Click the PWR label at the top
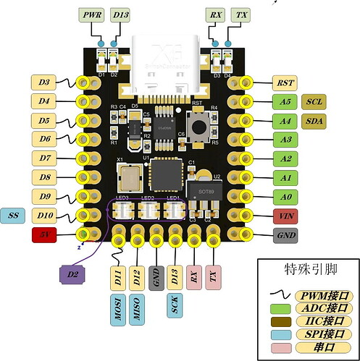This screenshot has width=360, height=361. (92, 14)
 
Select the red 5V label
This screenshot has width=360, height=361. (44, 234)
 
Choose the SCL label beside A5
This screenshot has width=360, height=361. (316, 101)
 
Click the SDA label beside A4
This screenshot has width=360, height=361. (316, 120)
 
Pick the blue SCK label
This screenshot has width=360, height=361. (175, 305)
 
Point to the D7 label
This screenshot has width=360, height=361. (44, 158)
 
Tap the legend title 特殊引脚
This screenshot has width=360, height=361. (306, 271)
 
